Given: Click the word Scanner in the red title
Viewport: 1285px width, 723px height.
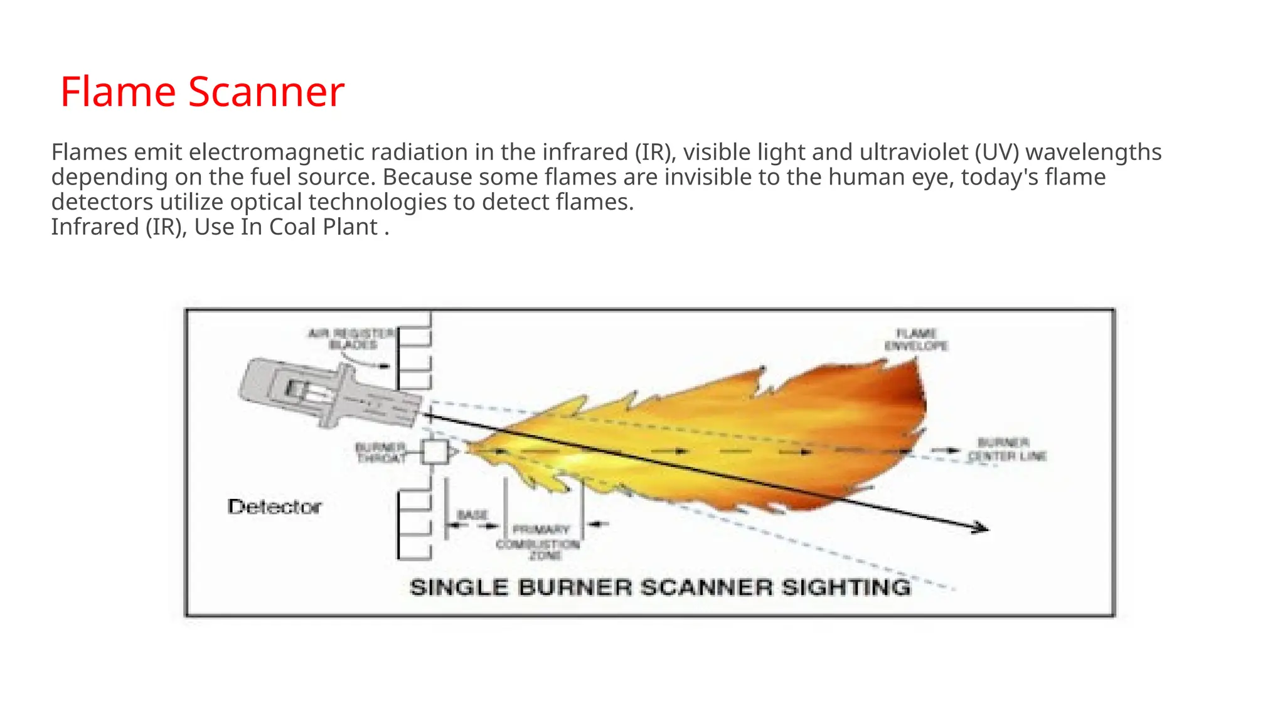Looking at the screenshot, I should point(266,92).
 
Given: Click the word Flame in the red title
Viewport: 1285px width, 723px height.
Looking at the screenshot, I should point(118,92).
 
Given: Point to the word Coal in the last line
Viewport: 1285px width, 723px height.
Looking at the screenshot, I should point(292,227).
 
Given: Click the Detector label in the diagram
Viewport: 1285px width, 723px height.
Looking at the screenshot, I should point(274,506).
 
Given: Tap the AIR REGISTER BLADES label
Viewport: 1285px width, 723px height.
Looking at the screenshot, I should point(352,339).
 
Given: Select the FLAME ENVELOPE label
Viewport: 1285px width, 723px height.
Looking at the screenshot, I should point(916,340).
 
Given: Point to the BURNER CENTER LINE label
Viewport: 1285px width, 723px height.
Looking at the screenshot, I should point(1006,449).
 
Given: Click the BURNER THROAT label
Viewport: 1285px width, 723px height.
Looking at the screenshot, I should point(381,453).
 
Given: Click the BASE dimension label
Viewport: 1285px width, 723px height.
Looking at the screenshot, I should point(472,515).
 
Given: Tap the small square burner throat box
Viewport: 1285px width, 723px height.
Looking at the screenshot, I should point(435,452).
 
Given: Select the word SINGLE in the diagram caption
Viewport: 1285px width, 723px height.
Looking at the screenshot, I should point(459,587).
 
